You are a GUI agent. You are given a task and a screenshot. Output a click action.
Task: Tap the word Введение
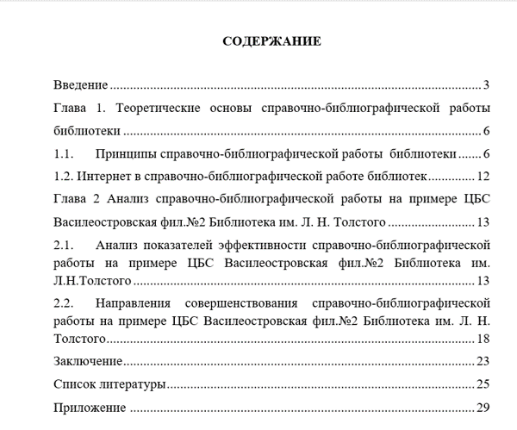pyautogui.click(x=80, y=85)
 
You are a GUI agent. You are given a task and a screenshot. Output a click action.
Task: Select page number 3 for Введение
pyautogui.click(x=486, y=85)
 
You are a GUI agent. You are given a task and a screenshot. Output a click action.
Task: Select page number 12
pyautogui.click(x=483, y=178)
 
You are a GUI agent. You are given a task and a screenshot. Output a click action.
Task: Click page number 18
pyautogui.click(x=483, y=339)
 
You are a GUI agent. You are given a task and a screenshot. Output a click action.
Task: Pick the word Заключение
pyautogui.click(x=87, y=361)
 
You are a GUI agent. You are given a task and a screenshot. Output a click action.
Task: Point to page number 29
pyautogui.click(x=483, y=408)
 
